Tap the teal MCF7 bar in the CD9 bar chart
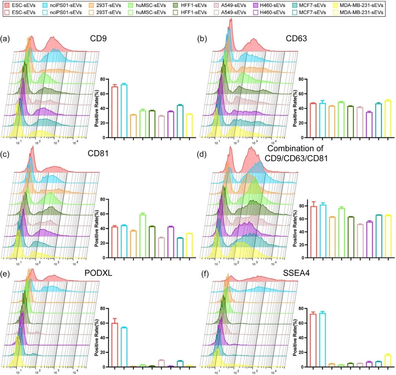(180, 121)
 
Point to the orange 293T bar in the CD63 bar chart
(332, 122)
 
